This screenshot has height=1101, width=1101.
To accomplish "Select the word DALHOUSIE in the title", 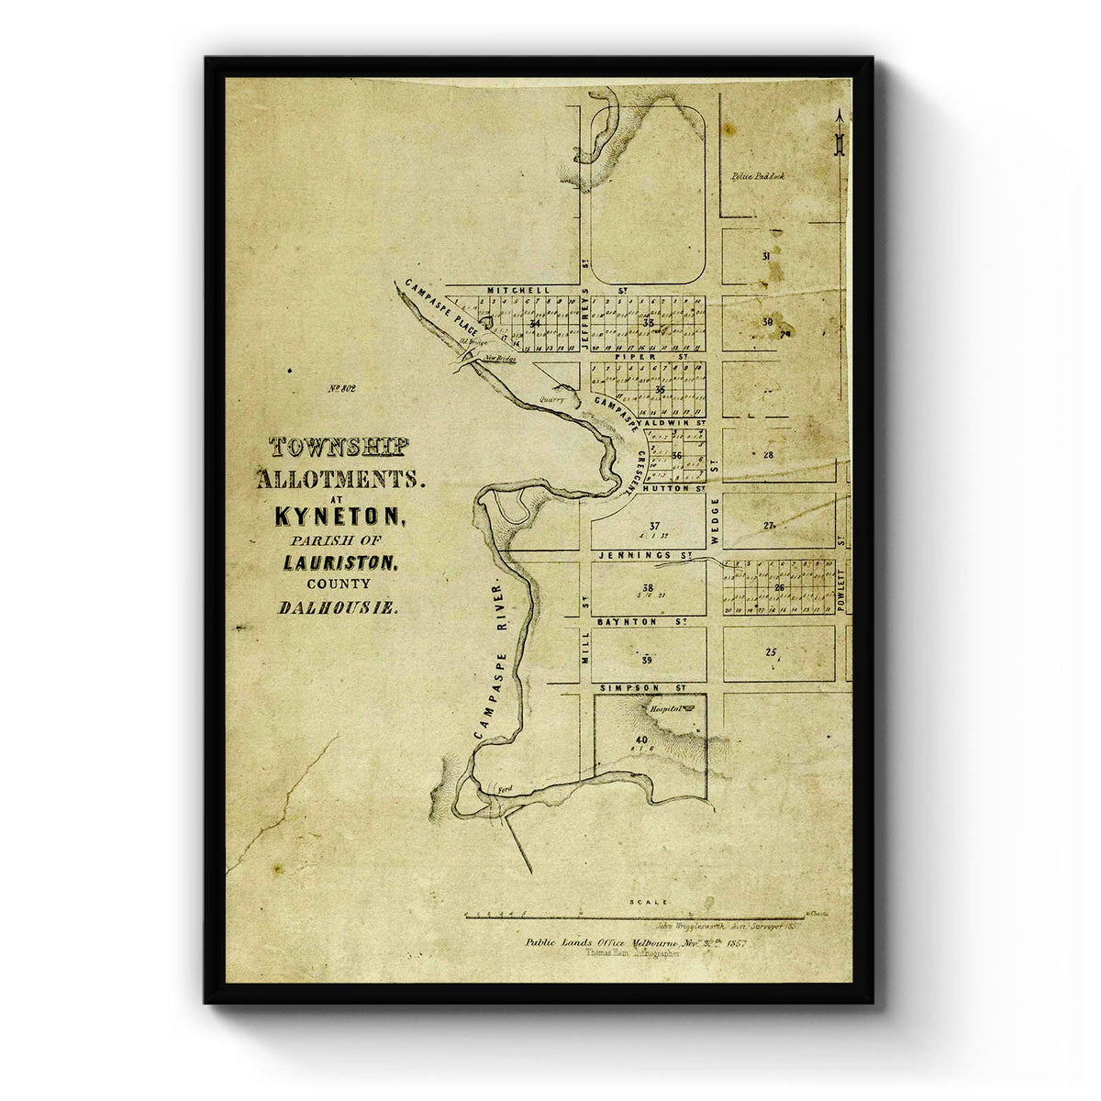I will click(x=337, y=607).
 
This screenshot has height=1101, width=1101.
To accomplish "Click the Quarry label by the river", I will click(x=553, y=399).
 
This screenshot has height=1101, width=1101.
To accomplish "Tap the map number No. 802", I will click(x=341, y=388).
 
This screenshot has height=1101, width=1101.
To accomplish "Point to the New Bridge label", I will click(x=501, y=359).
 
